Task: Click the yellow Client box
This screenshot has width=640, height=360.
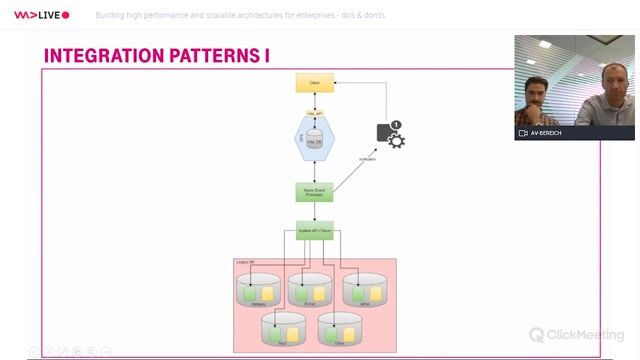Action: pos(313,84)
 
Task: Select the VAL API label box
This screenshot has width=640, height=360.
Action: pos(313,113)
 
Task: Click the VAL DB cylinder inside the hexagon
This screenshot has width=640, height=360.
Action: pos(314,139)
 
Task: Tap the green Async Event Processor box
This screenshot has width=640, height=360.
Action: pos(313,192)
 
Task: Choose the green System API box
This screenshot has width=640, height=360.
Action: pos(313,230)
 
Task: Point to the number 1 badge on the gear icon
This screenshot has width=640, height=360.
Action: pos(396,125)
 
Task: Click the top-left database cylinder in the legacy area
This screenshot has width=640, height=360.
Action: pos(258,289)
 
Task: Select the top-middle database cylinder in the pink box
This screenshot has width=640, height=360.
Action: pos(310,289)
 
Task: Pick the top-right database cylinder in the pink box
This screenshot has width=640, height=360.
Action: pos(363,289)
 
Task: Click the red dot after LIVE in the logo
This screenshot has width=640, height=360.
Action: pos(66,16)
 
